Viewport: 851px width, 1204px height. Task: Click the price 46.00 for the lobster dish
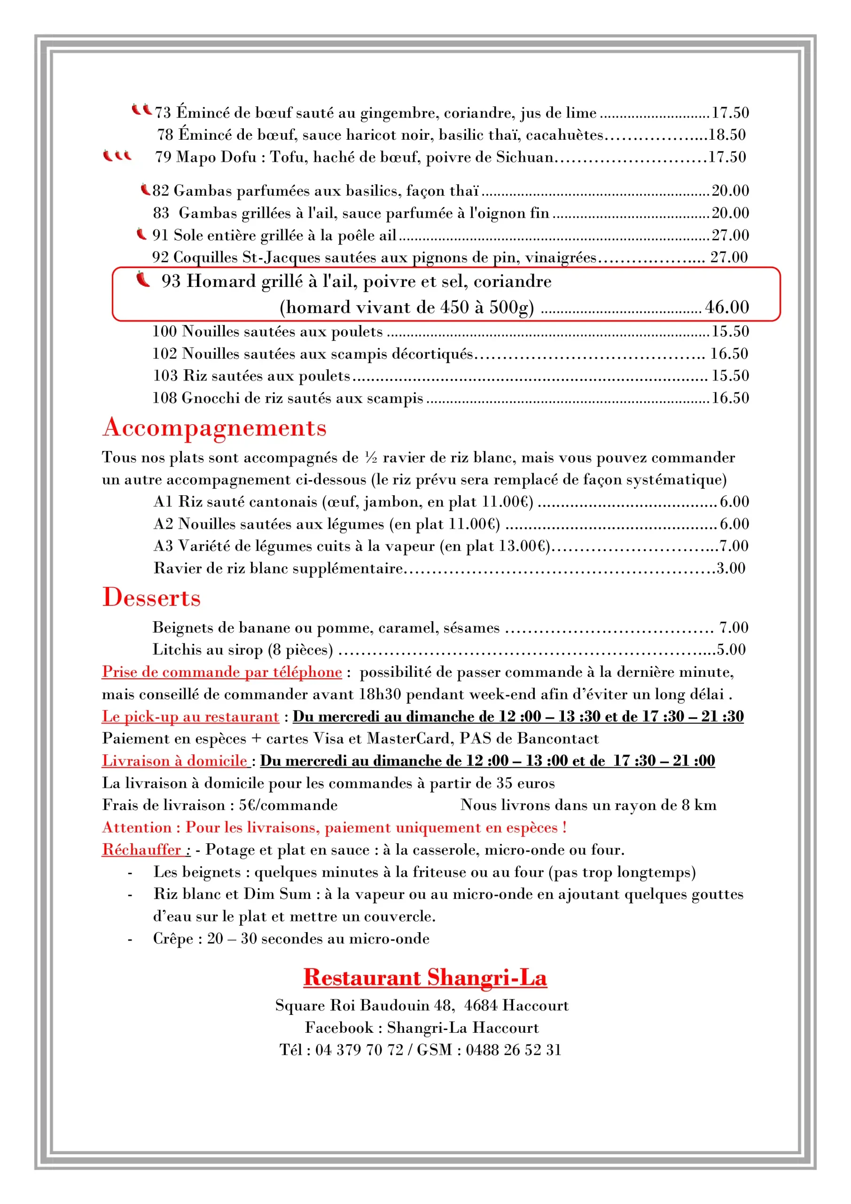click(x=727, y=307)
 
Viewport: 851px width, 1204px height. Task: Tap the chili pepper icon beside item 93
click(x=142, y=279)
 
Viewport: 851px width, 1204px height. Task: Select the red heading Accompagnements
click(x=214, y=428)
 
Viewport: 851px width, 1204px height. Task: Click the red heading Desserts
click(x=151, y=597)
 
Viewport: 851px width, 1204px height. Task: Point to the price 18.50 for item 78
click(x=727, y=135)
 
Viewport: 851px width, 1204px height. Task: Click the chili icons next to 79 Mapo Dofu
click(x=117, y=156)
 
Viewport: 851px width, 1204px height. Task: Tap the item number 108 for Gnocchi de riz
click(x=164, y=398)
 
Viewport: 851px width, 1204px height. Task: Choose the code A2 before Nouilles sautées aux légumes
click(x=163, y=524)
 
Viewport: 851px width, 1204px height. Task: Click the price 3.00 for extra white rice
click(x=731, y=568)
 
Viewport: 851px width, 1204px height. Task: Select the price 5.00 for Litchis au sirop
click(x=731, y=650)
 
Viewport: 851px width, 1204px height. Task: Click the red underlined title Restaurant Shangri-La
click(x=425, y=977)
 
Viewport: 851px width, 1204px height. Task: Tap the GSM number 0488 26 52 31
click(x=514, y=1050)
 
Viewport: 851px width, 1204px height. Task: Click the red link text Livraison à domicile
click(x=174, y=760)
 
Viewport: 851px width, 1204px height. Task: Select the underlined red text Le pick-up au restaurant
click(x=190, y=716)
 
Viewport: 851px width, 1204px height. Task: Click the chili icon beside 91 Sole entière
click(x=141, y=234)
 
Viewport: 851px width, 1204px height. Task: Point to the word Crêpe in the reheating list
click(x=173, y=938)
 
